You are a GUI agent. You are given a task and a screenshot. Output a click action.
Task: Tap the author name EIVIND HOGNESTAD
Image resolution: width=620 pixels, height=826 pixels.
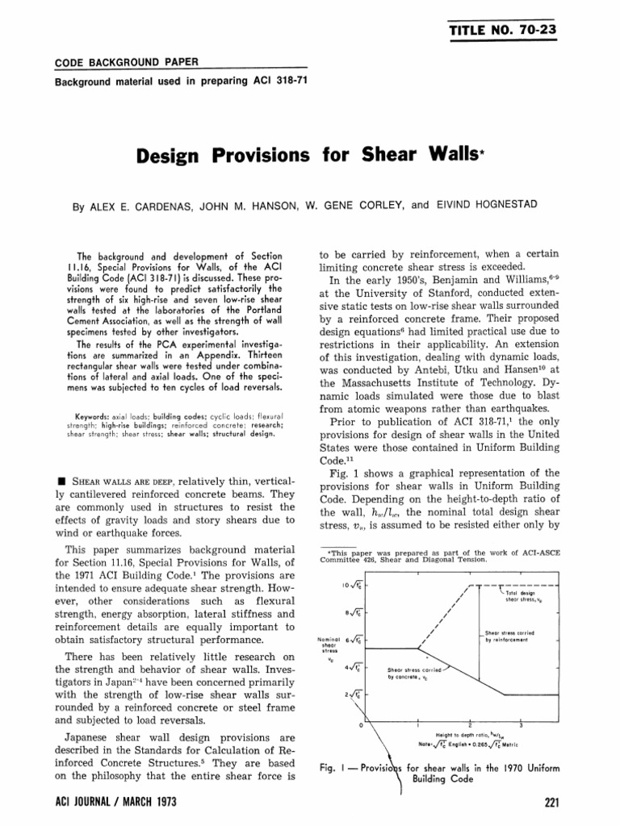(x=485, y=205)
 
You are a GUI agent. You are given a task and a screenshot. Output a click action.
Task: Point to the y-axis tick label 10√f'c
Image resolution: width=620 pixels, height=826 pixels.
(x=350, y=585)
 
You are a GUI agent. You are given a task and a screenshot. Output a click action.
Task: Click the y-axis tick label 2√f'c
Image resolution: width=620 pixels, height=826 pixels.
(x=352, y=695)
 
